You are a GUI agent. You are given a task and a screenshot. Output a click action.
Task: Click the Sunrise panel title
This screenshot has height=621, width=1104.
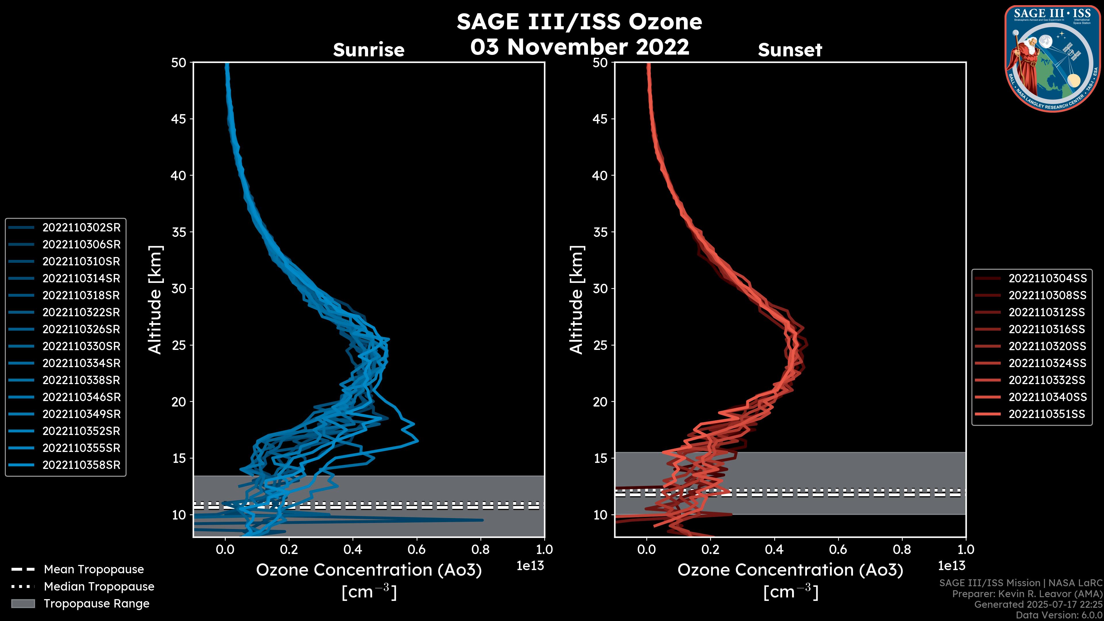[x=369, y=50]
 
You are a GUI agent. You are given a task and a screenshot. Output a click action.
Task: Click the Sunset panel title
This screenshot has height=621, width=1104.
[x=790, y=50]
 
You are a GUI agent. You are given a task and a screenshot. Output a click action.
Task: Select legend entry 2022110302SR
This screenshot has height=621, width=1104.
[x=81, y=228]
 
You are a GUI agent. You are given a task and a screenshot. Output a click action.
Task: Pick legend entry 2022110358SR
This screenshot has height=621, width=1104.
[x=81, y=465]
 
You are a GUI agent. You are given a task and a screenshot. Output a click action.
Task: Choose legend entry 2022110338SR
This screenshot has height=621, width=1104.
[x=81, y=380]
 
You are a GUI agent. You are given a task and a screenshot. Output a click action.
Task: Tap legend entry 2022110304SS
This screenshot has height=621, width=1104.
[x=1047, y=279]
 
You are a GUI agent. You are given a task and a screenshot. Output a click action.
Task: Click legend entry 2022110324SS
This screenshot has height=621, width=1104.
[x=1047, y=363]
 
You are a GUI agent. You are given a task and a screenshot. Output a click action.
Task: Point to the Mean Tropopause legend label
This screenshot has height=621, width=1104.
[x=94, y=569]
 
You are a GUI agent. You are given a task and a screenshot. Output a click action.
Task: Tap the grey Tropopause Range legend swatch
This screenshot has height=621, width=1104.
[x=23, y=603]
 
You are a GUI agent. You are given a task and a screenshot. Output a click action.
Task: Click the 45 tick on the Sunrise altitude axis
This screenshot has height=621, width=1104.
[x=178, y=119]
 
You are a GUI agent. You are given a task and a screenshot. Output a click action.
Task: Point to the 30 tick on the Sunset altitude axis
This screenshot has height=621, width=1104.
[x=600, y=288]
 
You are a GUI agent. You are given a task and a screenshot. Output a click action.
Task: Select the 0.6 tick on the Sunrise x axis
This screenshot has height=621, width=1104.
[x=417, y=549]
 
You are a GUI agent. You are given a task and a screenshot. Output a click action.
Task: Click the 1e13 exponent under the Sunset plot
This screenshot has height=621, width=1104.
[x=951, y=566]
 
